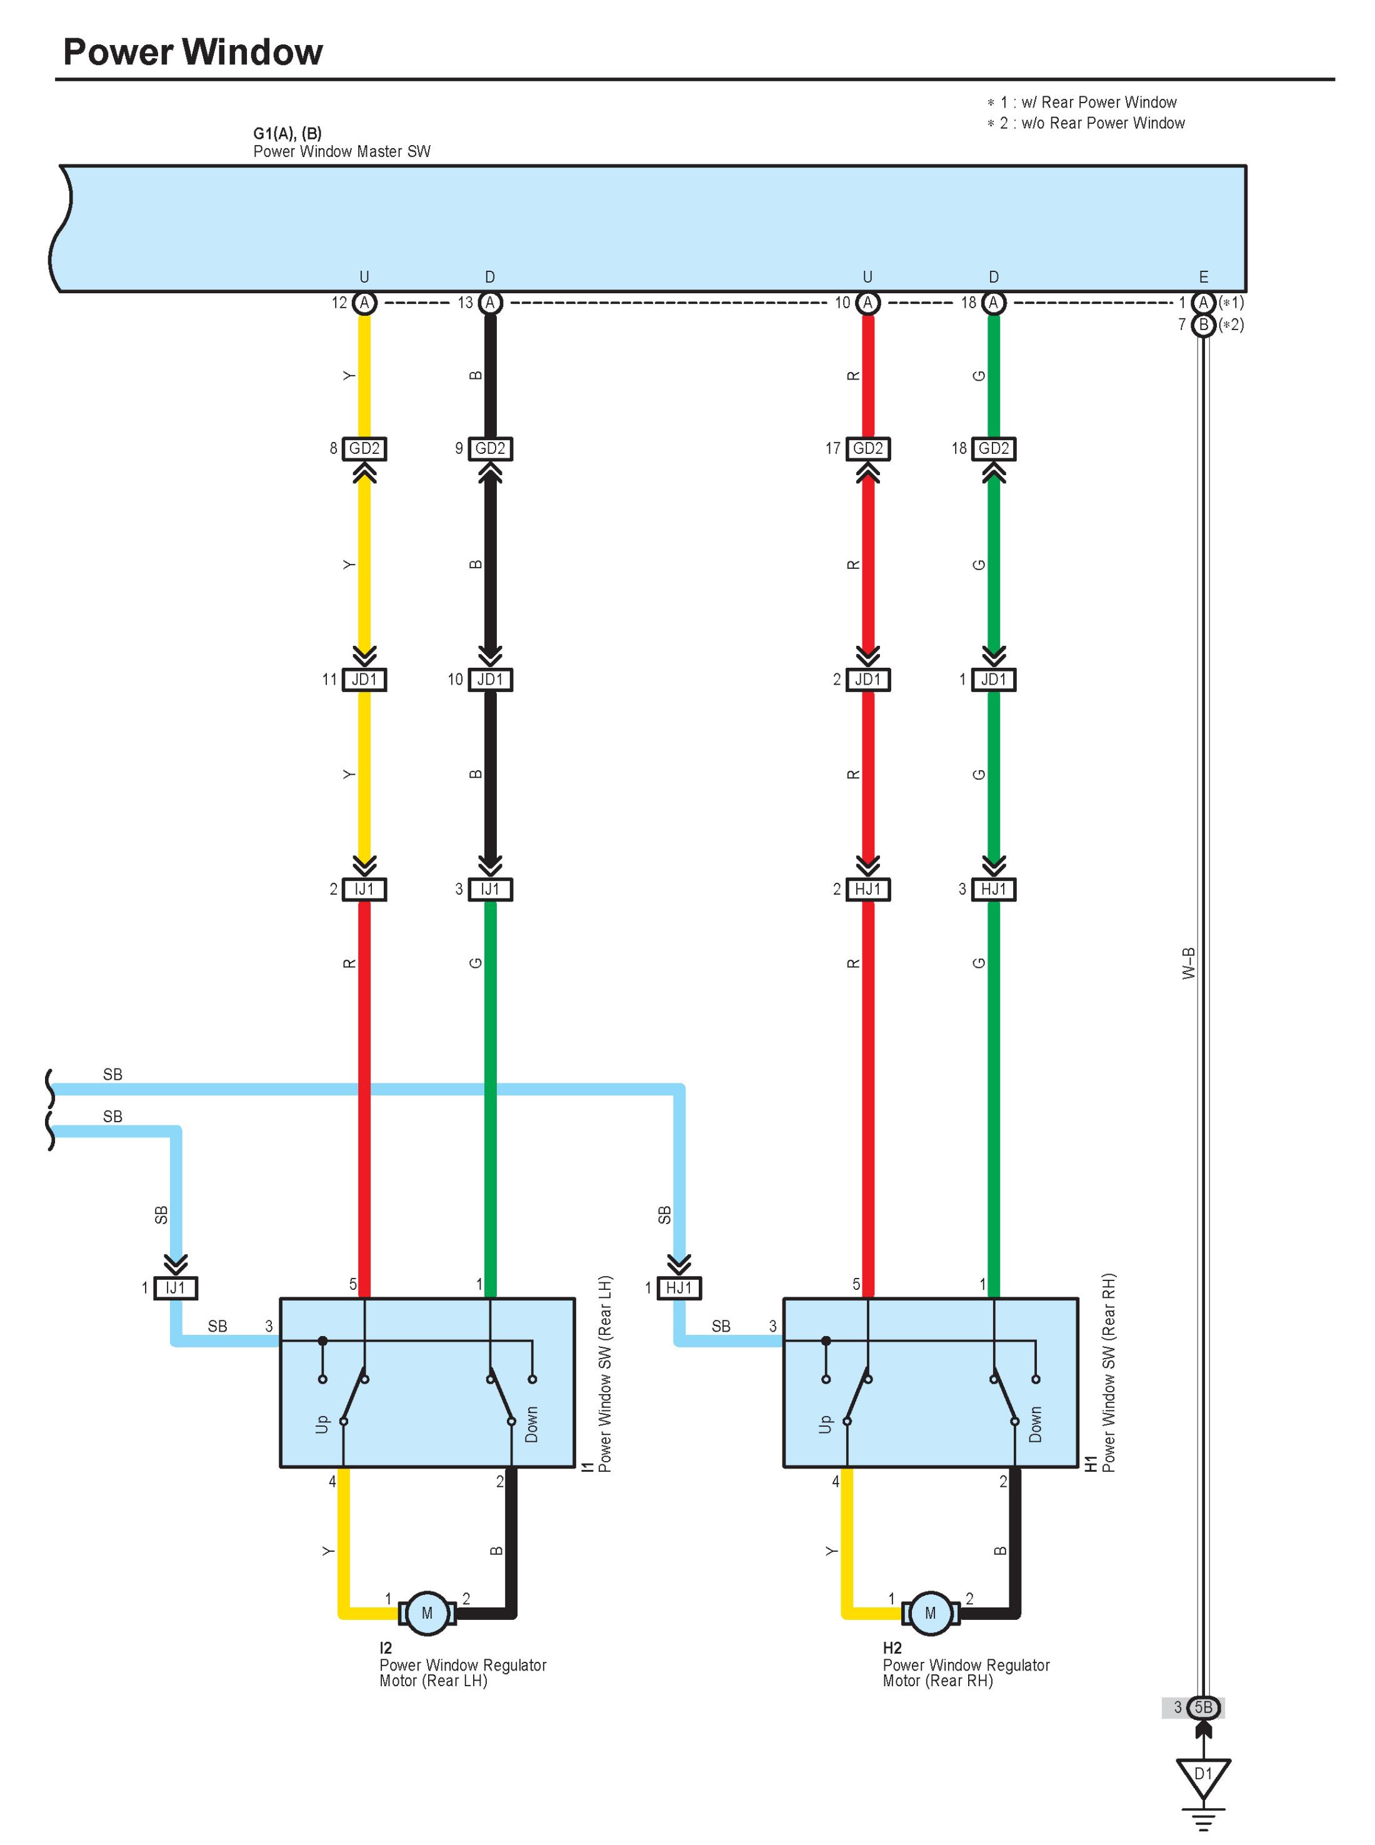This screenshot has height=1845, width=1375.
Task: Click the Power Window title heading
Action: click(x=192, y=52)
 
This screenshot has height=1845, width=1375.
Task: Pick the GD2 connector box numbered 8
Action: click(x=364, y=449)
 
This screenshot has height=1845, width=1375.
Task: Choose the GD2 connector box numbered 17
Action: click(x=867, y=449)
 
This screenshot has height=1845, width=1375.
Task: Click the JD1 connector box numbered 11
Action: click(x=364, y=680)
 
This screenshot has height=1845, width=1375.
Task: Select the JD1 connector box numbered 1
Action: click(x=993, y=680)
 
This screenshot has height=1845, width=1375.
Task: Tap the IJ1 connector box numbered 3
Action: click(x=489, y=889)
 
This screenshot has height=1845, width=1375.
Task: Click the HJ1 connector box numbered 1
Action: click(x=679, y=1288)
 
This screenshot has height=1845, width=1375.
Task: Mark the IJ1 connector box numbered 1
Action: click(x=176, y=1288)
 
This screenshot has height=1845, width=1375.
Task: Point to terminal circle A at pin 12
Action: click(x=364, y=303)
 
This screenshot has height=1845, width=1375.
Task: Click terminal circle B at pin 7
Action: click(x=1202, y=324)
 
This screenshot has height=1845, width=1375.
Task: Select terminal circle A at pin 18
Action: click(x=993, y=303)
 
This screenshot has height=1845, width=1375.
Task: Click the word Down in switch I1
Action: click(x=532, y=1425)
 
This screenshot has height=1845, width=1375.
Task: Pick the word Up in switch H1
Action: click(x=825, y=1425)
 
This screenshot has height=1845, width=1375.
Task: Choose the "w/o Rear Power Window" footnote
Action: click(x=1092, y=123)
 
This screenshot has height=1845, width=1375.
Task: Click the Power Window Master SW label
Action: click(x=341, y=151)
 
